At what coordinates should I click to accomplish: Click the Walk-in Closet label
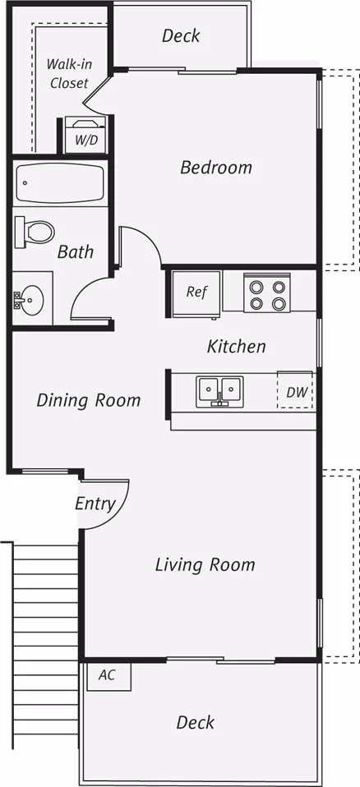pyautogui.click(x=69, y=74)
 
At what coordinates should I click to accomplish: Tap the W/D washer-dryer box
pyautogui.click(x=85, y=136)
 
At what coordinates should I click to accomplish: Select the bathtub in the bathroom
pyautogui.click(x=60, y=182)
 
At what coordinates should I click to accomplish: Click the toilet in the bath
pyautogui.click(x=35, y=232)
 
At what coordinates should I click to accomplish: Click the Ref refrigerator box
pyautogui.click(x=196, y=293)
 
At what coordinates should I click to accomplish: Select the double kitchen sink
pyautogui.click(x=219, y=391)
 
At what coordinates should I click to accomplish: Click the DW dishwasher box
pyautogui.click(x=295, y=391)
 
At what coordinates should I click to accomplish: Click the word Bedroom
pyautogui.click(x=216, y=167)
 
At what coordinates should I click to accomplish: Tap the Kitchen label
pyautogui.click(x=237, y=347)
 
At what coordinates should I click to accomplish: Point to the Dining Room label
pyautogui.click(x=89, y=400)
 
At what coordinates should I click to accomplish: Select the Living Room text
pyautogui.click(x=205, y=564)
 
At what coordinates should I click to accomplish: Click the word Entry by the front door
pyautogui.click(x=95, y=504)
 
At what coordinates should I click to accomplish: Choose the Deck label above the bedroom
pyautogui.click(x=181, y=35)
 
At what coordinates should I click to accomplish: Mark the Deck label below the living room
pyautogui.click(x=196, y=722)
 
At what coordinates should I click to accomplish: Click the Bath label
pyautogui.click(x=76, y=251)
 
